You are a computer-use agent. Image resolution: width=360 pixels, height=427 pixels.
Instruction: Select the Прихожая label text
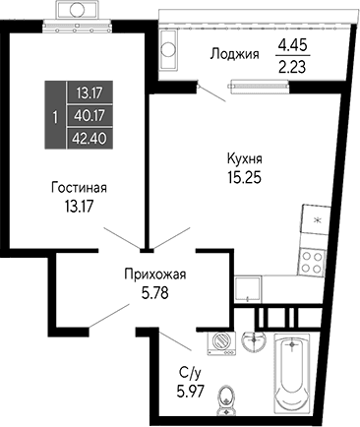pyautogui.click(x=154, y=274)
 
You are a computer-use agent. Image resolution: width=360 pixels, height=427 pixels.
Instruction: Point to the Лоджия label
pyautogui.click(x=235, y=55)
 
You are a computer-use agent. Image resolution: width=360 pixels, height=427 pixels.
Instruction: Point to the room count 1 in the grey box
pyautogui.click(x=53, y=115)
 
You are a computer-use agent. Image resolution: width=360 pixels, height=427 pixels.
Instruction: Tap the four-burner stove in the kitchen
pyautogui.click(x=312, y=261)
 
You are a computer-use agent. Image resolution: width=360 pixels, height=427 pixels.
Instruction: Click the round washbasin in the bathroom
pyautogui.click(x=254, y=340)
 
